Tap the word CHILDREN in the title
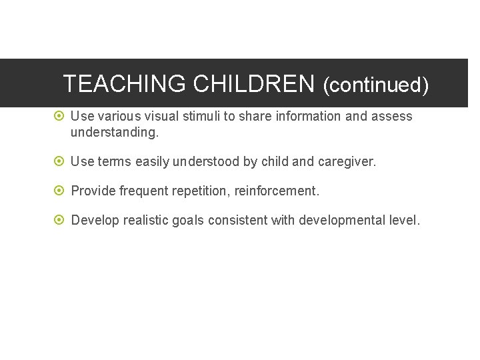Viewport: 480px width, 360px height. coord(253,84)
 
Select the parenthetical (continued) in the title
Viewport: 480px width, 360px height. coord(375,85)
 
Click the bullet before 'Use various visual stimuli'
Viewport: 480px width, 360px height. coord(59,116)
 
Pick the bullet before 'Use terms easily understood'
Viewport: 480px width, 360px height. coord(59,161)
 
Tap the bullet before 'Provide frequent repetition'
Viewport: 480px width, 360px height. coord(59,191)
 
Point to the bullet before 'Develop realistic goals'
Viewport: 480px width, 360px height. coord(59,221)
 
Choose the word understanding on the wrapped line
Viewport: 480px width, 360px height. coord(114,132)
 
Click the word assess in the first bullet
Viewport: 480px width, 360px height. coord(392,116)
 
